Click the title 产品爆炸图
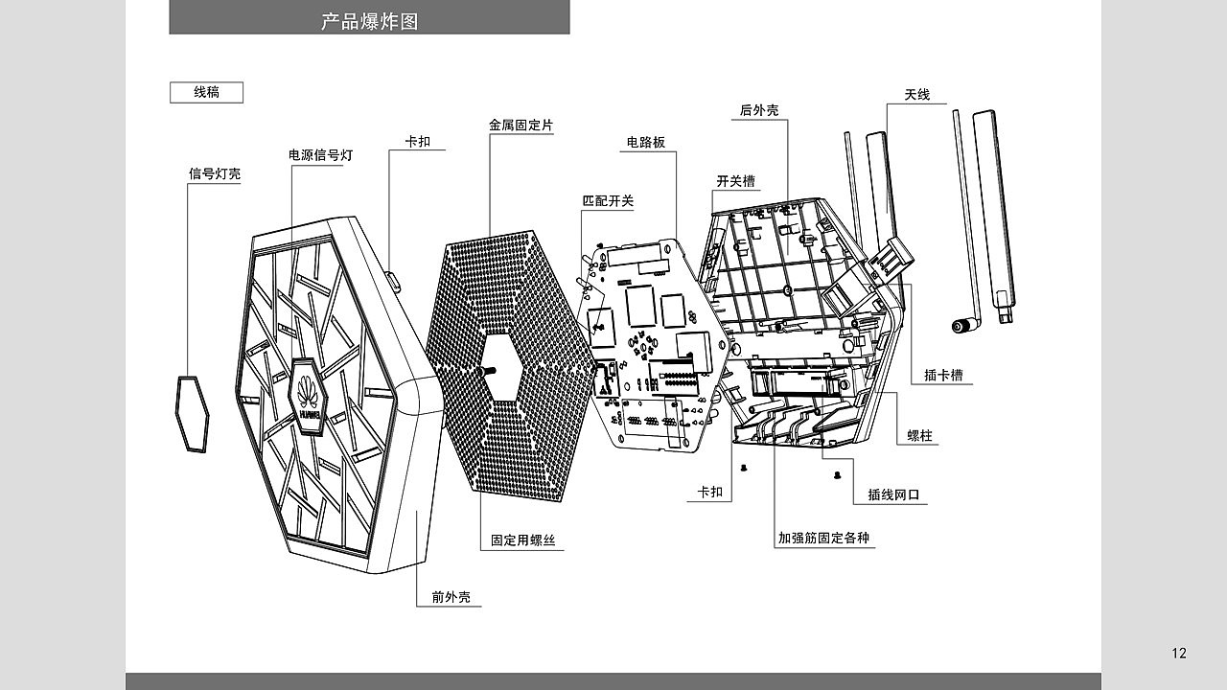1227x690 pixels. [370, 21]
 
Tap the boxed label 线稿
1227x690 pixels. [206, 92]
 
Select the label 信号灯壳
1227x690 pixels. [215, 174]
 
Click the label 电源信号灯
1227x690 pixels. [321, 155]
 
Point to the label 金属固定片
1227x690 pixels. [521, 125]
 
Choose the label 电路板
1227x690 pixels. [646, 143]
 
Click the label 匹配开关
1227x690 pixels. [608, 201]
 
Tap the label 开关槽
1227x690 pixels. [735, 181]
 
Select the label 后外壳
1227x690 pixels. [759, 110]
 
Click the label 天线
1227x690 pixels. [917, 95]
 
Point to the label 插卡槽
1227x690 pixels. [943, 375]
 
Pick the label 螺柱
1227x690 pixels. [919, 436]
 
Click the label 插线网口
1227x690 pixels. [893, 495]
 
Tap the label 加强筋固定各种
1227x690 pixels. [823, 538]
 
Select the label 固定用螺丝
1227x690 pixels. [523, 540]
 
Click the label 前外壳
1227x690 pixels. [451, 597]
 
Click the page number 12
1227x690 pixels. [1179, 653]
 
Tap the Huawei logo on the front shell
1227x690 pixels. [309, 397]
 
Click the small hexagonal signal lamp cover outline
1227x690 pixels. [193, 413]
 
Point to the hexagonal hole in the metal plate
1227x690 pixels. [501, 367]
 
